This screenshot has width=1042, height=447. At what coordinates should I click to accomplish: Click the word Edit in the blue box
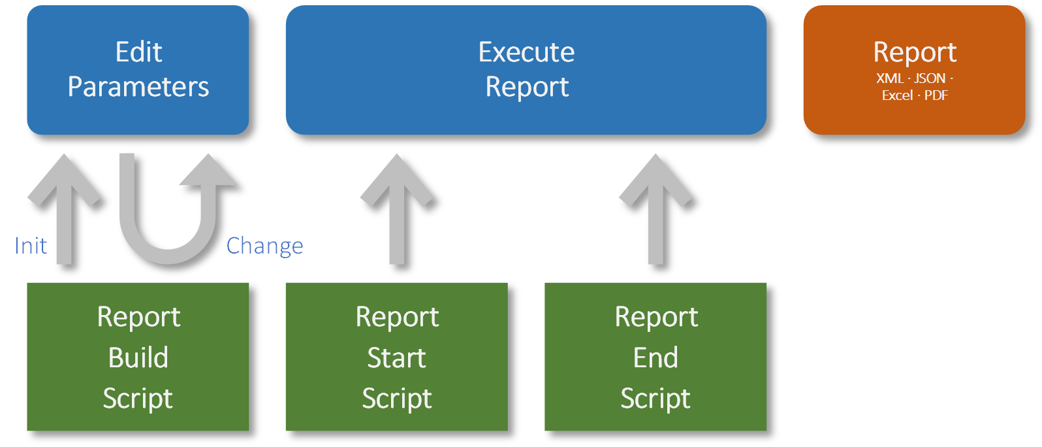coord(138,52)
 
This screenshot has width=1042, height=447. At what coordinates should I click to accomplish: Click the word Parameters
coord(138,87)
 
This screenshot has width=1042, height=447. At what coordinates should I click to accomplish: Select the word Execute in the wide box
coord(526,52)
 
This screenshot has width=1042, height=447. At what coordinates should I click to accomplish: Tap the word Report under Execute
coord(527,87)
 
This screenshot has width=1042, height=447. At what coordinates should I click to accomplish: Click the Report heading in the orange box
coord(915,52)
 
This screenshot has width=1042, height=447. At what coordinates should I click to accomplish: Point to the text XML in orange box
coord(889,78)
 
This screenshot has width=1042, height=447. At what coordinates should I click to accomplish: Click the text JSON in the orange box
coord(930,78)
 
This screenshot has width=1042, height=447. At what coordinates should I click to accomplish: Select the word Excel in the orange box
coord(897,95)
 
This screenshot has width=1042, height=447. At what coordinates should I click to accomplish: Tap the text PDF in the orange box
coord(936,95)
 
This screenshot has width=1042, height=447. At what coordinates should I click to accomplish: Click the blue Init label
coord(31,246)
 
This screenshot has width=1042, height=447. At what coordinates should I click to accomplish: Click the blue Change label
coord(264,246)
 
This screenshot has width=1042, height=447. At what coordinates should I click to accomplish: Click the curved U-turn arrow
coord(170,242)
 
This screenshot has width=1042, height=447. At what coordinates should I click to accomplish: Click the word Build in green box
coord(138,357)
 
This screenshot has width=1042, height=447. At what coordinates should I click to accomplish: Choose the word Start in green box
coord(396,357)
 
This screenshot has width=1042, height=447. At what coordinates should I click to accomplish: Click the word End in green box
coord(655,357)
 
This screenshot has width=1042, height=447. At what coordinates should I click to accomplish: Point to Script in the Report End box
coord(655,399)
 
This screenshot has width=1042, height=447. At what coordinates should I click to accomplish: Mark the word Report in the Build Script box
coord(138,317)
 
